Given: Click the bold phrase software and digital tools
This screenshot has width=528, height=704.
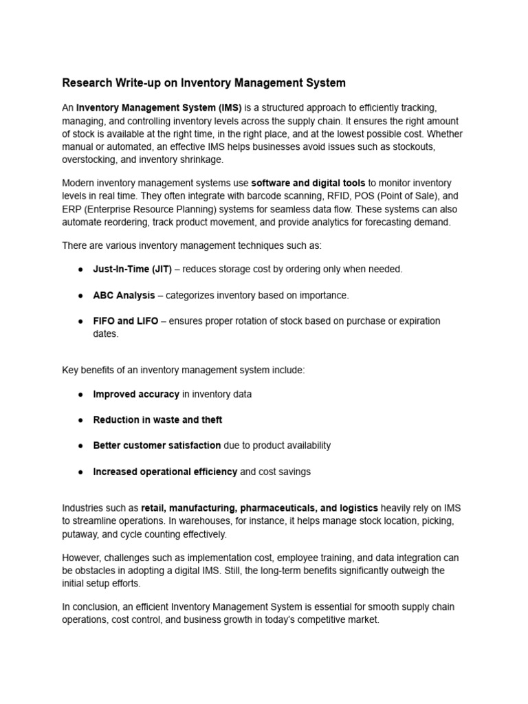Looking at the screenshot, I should (308, 183).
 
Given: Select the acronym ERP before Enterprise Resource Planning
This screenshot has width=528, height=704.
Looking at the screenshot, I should (72, 209).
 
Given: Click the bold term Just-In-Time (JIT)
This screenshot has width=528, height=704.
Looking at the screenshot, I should (133, 269).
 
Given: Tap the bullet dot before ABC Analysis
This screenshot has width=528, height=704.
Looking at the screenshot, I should (80, 296).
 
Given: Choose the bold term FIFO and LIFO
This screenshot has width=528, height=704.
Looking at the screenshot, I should (126, 321).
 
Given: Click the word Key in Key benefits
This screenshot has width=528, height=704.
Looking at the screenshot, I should (71, 370).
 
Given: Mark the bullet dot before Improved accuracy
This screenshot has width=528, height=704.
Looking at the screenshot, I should (80, 395).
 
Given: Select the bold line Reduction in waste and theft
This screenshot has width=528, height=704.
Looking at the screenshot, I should (157, 420).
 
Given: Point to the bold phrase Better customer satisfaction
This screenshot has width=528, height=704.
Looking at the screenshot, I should (157, 445).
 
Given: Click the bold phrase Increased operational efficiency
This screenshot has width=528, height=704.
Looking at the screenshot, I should (165, 472).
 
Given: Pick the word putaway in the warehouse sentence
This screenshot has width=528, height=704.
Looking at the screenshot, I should (78, 534).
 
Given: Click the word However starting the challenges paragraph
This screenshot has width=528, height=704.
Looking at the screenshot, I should (82, 558).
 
